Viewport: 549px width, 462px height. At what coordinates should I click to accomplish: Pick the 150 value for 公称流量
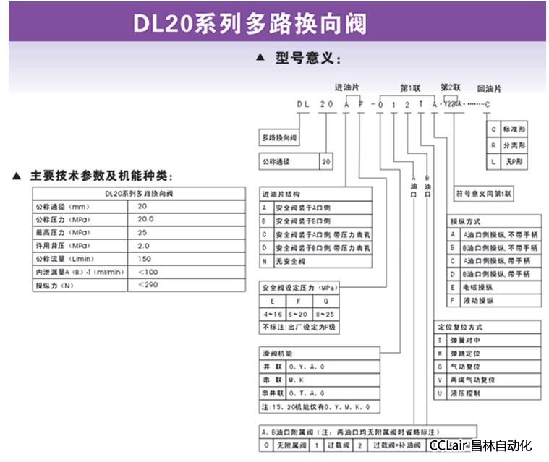click(144, 258)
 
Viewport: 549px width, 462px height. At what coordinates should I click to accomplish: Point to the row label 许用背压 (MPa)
click(62, 245)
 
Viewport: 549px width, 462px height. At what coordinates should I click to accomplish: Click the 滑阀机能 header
click(279, 354)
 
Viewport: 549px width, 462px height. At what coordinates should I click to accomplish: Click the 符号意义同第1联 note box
click(483, 194)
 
